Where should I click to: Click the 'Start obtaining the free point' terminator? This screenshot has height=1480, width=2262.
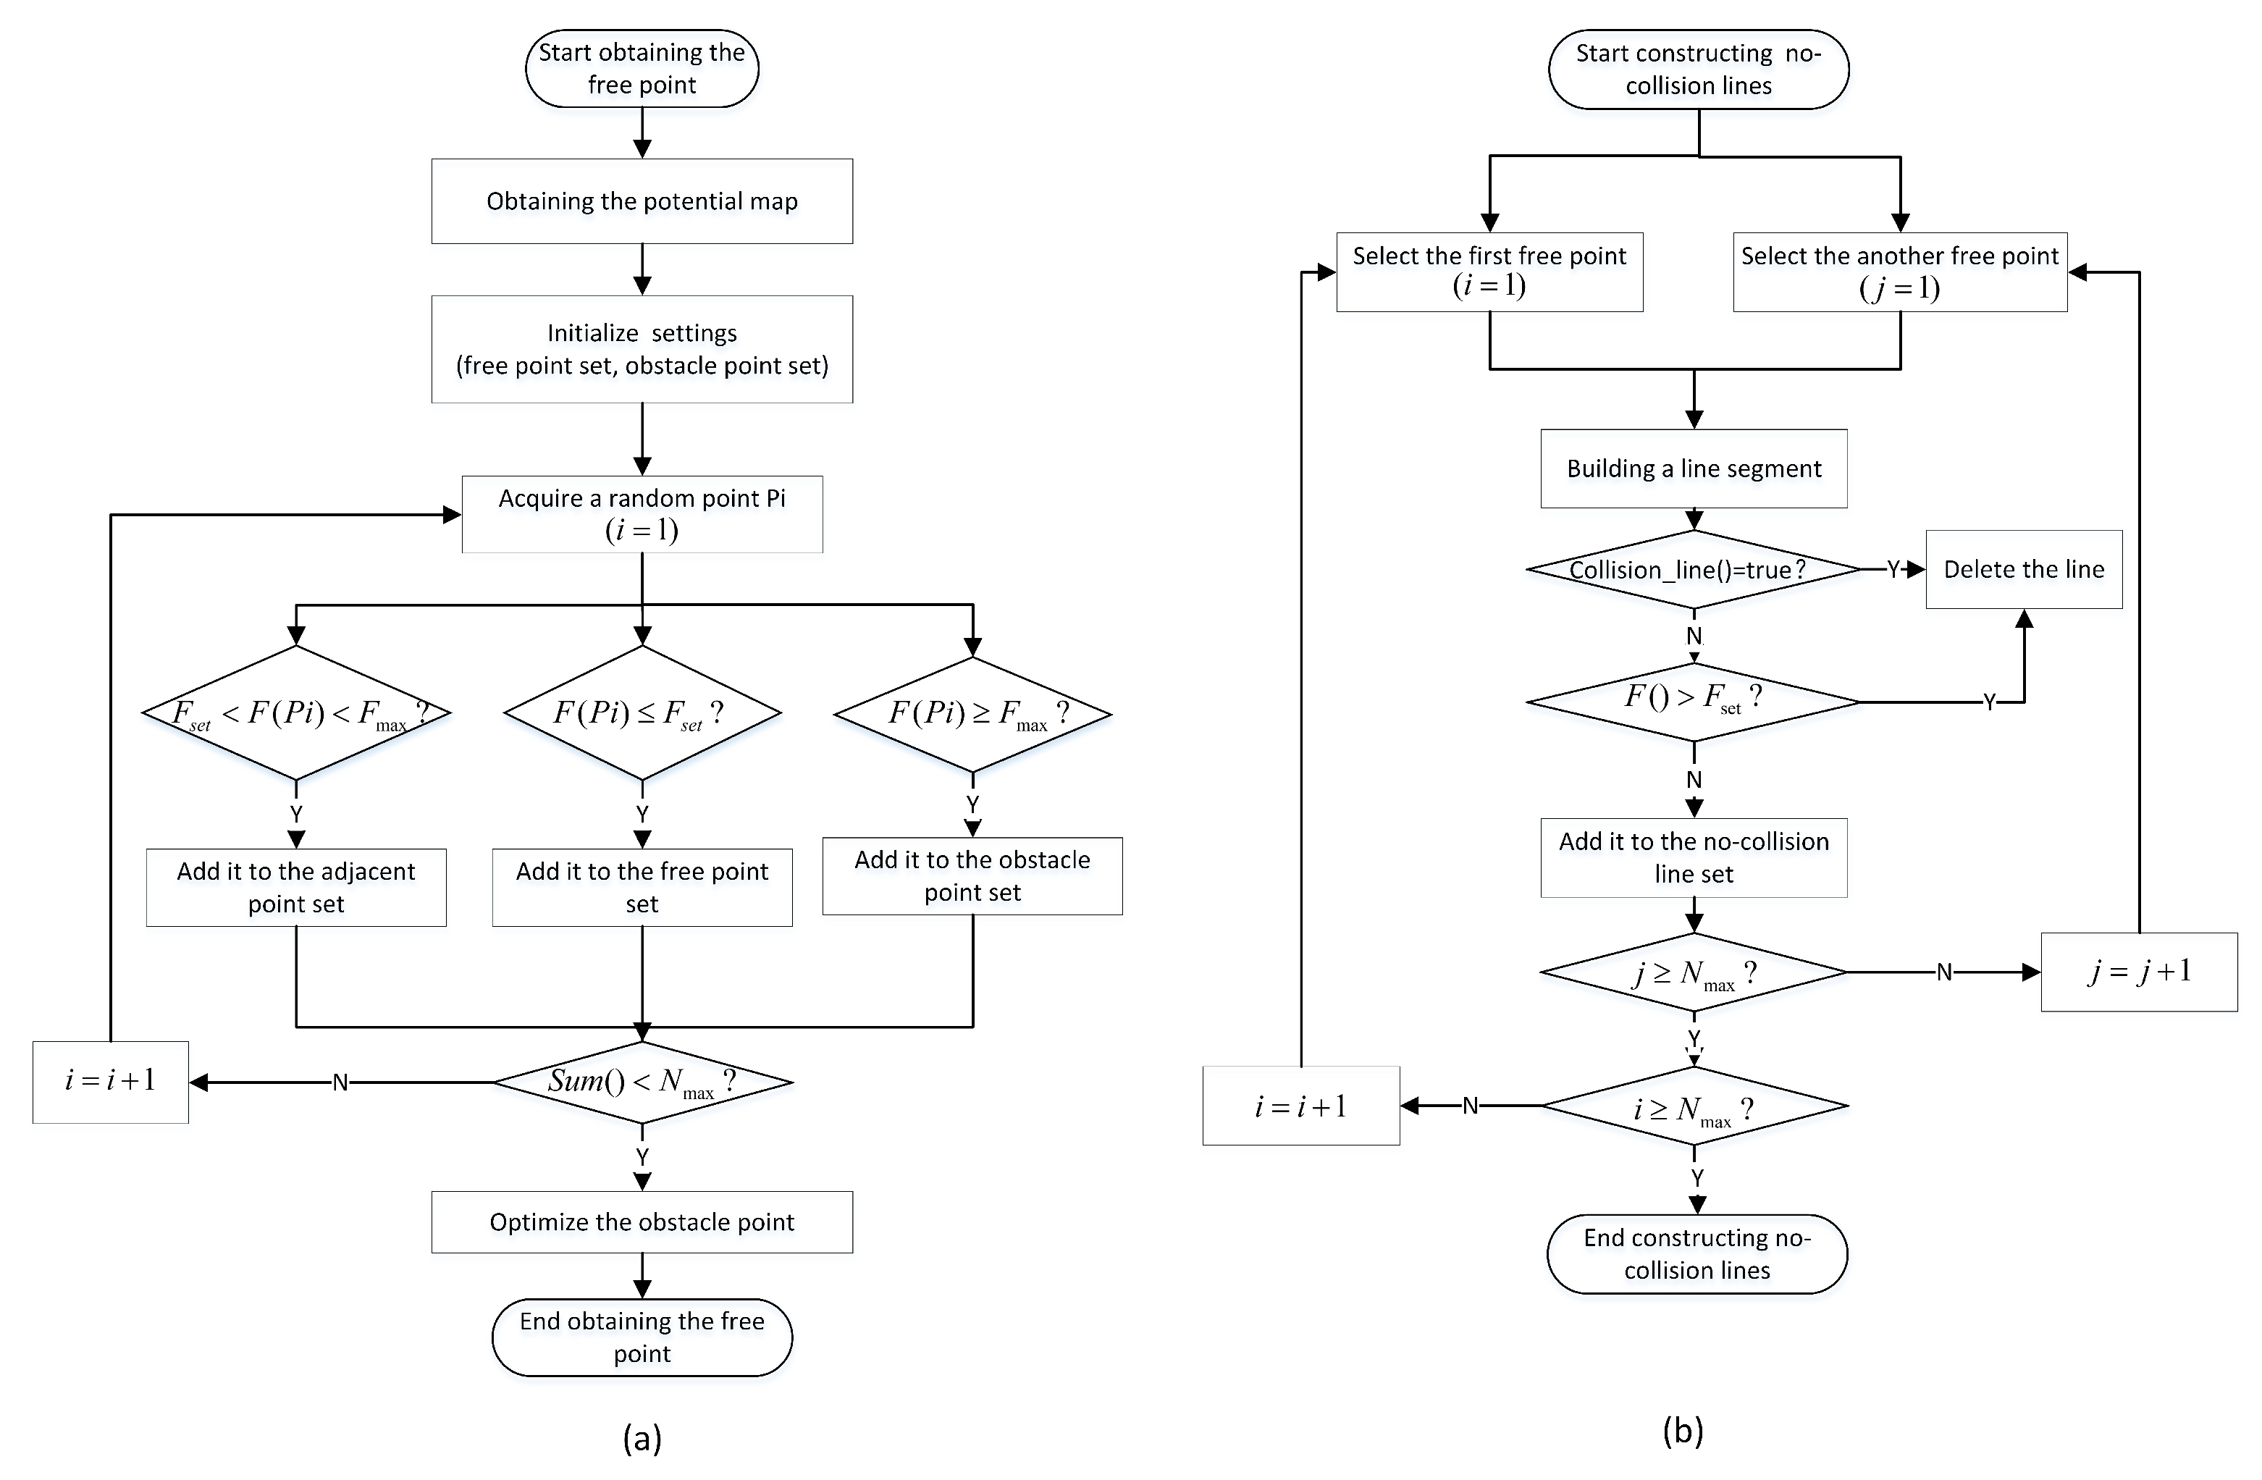click(x=642, y=69)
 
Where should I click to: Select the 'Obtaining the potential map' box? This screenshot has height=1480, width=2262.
click(x=642, y=201)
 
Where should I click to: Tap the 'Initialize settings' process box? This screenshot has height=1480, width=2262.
click(x=642, y=349)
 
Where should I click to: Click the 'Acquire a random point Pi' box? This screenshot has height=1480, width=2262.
click(x=642, y=513)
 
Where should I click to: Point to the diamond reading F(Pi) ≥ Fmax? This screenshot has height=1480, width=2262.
click(x=972, y=714)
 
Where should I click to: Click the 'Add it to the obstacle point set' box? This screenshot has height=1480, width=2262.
click(x=972, y=875)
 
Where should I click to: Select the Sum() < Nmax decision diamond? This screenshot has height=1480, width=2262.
click(x=642, y=1082)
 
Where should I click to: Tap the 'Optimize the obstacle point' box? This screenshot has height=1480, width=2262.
click(x=642, y=1222)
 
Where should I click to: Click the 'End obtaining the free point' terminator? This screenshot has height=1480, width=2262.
click(x=642, y=1337)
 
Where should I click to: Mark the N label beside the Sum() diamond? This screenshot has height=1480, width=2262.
click(x=340, y=1082)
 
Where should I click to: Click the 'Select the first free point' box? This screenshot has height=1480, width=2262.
click(x=1489, y=271)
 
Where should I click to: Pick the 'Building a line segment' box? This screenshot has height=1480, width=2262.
click(x=1694, y=468)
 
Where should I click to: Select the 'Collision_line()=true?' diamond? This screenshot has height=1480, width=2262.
click(x=1694, y=569)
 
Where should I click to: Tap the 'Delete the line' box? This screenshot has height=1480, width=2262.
click(x=2024, y=569)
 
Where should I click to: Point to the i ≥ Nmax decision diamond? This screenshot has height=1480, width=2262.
click(x=1694, y=1106)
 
